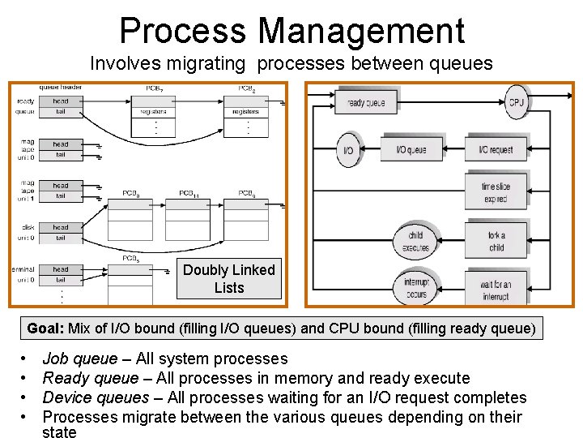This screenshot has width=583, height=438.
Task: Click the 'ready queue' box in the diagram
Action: click(366, 102)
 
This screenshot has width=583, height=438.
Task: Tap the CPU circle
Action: click(516, 102)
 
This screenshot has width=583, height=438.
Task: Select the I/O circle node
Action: click(348, 150)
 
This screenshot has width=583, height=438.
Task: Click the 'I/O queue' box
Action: click(412, 149)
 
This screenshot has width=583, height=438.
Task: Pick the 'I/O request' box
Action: click(496, 149)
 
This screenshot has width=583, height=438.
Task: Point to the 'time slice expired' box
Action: click(496, 192)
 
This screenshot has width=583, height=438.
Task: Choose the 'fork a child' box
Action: click(496, 241)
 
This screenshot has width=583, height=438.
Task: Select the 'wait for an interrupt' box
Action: click(496, 290)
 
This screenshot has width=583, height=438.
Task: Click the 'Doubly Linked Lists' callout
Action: click(229, 278)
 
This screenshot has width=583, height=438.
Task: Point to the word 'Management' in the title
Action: click(361, 31)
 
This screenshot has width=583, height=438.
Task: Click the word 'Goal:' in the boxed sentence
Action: click(45, 328)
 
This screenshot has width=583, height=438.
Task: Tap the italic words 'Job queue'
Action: click(79, 359)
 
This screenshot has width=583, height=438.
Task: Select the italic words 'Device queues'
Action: click(96, 397)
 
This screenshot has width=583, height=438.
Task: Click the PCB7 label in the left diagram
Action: click(154, 88)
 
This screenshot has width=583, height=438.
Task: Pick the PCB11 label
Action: click(189, 193)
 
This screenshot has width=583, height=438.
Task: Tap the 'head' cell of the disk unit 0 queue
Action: click(61, 228)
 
